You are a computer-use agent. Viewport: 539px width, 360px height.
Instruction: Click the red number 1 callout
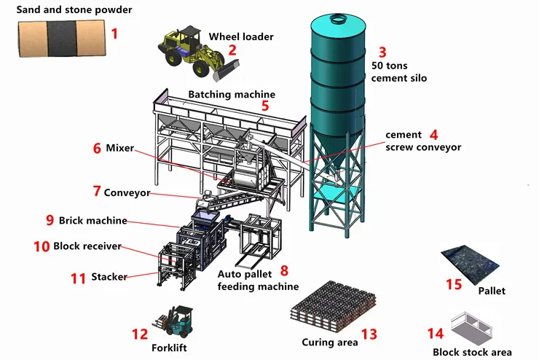click(x=114, y=33)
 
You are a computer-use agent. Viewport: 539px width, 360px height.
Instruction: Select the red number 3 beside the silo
click(x=382, y=52)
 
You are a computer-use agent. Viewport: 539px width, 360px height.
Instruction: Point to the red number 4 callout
click(x=433, y=135)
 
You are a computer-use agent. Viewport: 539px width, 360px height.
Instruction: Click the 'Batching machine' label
click(x=232, y=94)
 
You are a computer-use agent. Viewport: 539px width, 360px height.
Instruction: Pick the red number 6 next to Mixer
click(x=97, y=148)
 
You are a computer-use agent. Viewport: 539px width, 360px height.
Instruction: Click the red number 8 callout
click(x=284, y=270)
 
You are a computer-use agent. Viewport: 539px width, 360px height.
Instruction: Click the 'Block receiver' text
click(x=87, y=246)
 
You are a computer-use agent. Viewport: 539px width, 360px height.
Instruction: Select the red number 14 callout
click(x=435, y=333)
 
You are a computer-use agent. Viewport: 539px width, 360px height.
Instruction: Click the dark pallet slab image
click(x=470, y=265)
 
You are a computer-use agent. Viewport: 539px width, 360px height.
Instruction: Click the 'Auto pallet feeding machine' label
click(x=248, y=281)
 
